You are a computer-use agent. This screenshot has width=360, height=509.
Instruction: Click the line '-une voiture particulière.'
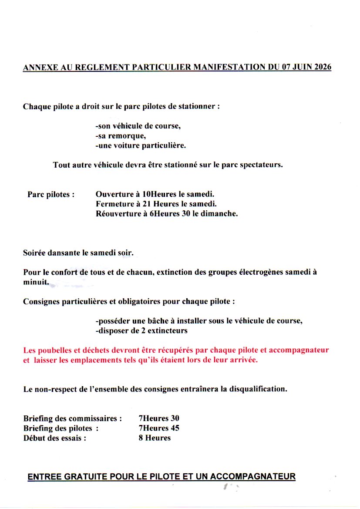[x=141, y=145]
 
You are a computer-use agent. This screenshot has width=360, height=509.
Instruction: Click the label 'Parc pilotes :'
[x=51, y=195]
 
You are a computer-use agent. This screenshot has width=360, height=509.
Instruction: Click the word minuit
[x=35, y=282]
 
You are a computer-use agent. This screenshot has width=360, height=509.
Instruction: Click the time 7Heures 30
[x=159, y=418]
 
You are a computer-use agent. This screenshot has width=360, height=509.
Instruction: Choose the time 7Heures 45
[x=159, y=428]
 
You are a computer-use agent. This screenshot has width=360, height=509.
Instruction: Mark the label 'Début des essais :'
[x=54, y=438]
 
